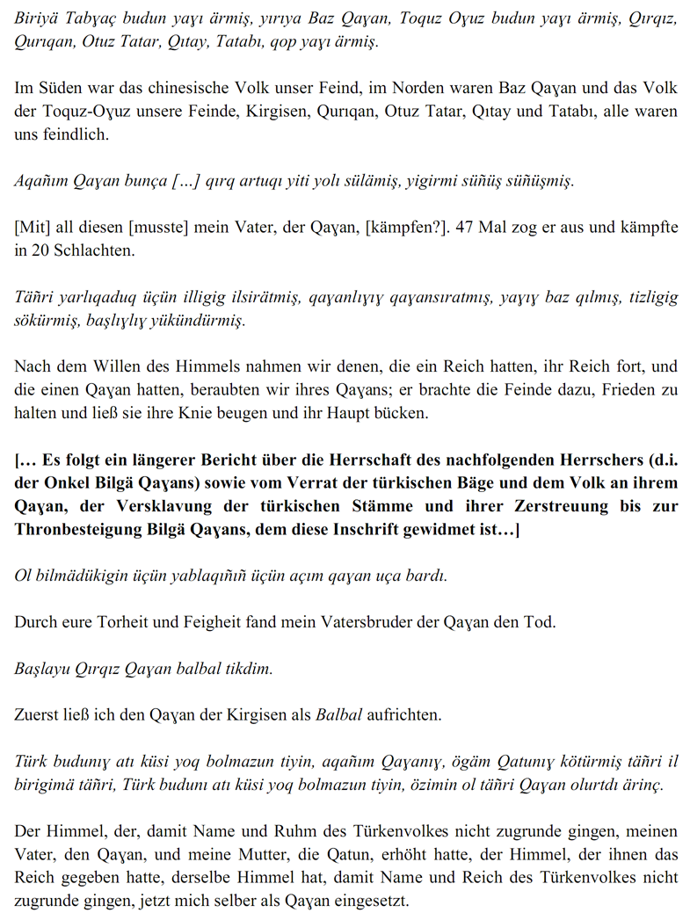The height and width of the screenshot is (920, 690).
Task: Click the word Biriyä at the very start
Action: pos(34,18)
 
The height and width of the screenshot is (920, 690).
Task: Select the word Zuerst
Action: pos(36,715)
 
